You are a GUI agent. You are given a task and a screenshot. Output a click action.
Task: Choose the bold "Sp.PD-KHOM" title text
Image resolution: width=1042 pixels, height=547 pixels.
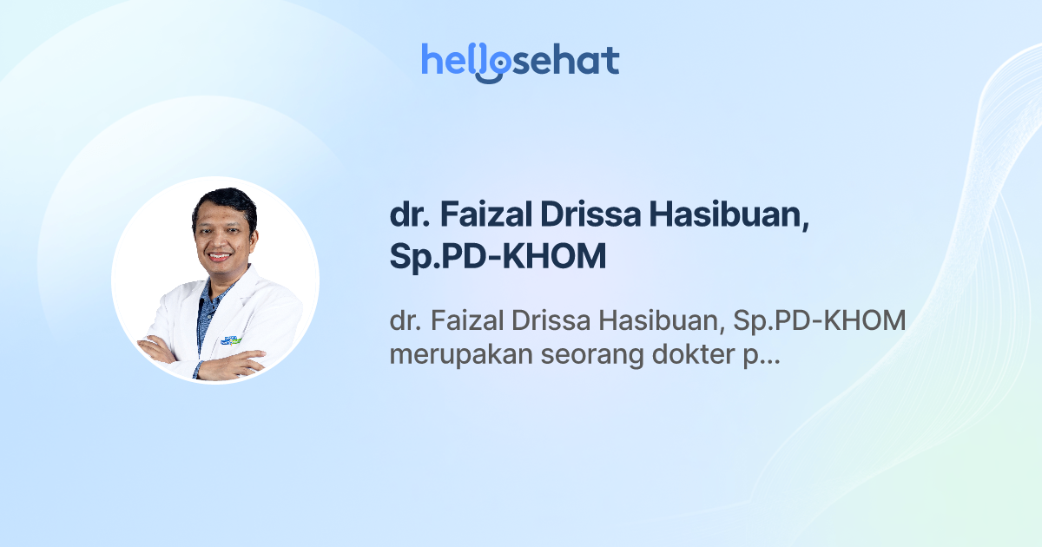(498, 258)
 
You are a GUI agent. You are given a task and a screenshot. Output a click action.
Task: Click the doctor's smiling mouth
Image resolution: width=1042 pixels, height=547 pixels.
(220, 256)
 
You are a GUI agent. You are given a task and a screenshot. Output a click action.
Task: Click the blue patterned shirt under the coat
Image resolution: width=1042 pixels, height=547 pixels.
(208, 308)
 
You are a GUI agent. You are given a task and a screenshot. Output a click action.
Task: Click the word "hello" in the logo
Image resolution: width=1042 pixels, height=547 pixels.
(454, 60)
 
